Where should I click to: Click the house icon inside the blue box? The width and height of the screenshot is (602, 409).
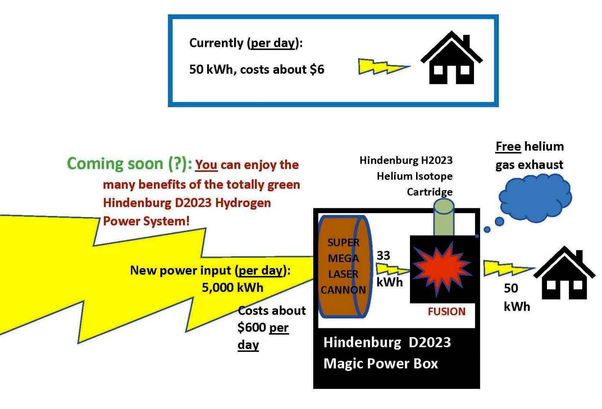tap(451, 60)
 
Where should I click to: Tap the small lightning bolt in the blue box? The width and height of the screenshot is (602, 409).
tap(382, 67)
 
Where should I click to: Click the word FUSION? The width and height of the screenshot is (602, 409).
tap(446, 311)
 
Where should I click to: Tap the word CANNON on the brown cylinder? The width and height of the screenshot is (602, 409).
tap(343, 290)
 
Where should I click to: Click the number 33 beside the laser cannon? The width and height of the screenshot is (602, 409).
tap(383, 256)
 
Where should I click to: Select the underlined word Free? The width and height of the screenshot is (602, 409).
tap(508, 147)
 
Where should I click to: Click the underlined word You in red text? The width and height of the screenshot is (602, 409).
tap(206, 165)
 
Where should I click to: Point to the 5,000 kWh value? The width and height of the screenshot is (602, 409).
tap(233, 288)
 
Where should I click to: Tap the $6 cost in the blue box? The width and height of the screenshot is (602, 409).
tap(317, 69)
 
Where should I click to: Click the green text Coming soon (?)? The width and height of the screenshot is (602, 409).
tap(129, 164)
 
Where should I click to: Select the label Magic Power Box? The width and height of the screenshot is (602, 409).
tap(380, 363)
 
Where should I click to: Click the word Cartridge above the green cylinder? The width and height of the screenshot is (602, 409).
tap(429, 192)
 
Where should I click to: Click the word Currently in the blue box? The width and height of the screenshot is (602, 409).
tap(216, 43)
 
